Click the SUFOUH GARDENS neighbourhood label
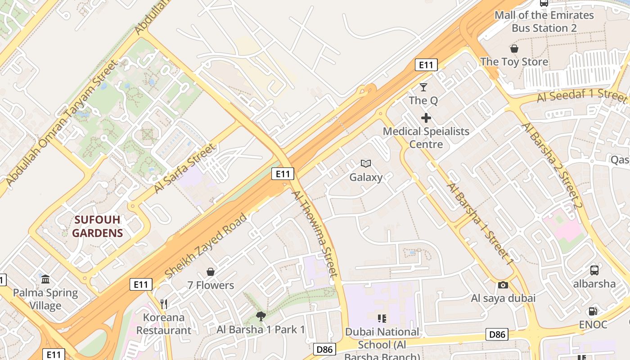[98, 226]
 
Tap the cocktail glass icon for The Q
[423, 87]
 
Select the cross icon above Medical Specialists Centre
[426, 118]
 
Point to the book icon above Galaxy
[366, 164]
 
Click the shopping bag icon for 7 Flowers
[210, 272]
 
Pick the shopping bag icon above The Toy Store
[514, 49]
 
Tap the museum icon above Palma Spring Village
[45, 279]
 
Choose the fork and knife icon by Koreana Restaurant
[164, 304]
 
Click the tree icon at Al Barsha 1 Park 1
[260, 316]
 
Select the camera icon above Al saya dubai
[503, 285]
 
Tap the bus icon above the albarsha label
[594, 270]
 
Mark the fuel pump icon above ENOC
[593, 311]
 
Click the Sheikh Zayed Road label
[206, 246]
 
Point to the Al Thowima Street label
[315, 233]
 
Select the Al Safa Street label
[184, 169]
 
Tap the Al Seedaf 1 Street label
[582, 96]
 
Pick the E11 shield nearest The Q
[426, 65]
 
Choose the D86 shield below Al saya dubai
[497, 334]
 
